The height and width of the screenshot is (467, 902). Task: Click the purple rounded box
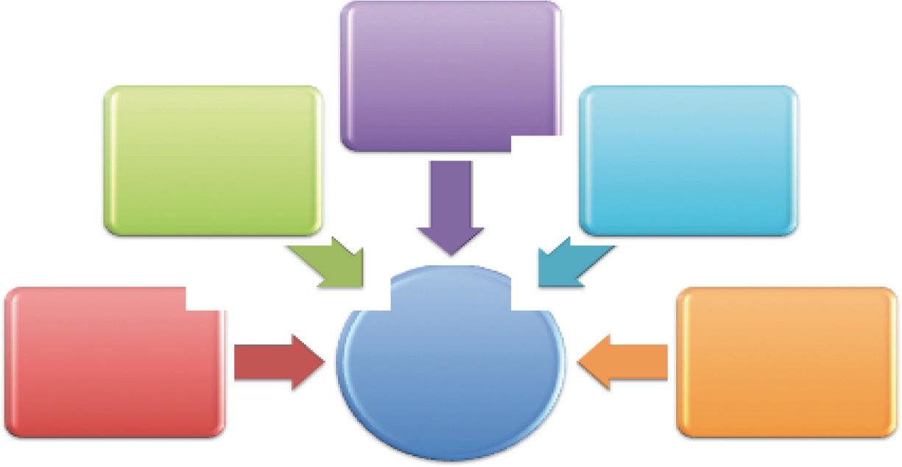coord(449,74)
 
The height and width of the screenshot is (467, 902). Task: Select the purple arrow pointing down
coord(451,206)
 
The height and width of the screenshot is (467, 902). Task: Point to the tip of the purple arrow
coord(451,255)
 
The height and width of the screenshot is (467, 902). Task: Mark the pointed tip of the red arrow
coord(325,362)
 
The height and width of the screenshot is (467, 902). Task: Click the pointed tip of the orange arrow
coord(579,362)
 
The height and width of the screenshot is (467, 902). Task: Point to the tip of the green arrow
coord(364,284)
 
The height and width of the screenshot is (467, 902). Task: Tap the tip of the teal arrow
coord(539,284)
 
